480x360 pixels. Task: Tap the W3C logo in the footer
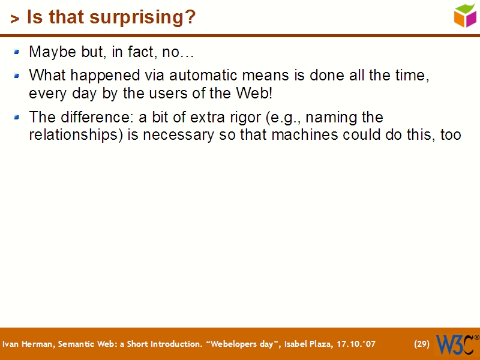(x=457, y=344)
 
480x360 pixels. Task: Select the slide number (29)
(x=422, y=344)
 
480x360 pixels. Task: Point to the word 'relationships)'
(x=76, y=134)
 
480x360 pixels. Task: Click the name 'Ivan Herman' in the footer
(x=26, y=344)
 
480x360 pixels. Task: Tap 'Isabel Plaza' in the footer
(x=305, y=344)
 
